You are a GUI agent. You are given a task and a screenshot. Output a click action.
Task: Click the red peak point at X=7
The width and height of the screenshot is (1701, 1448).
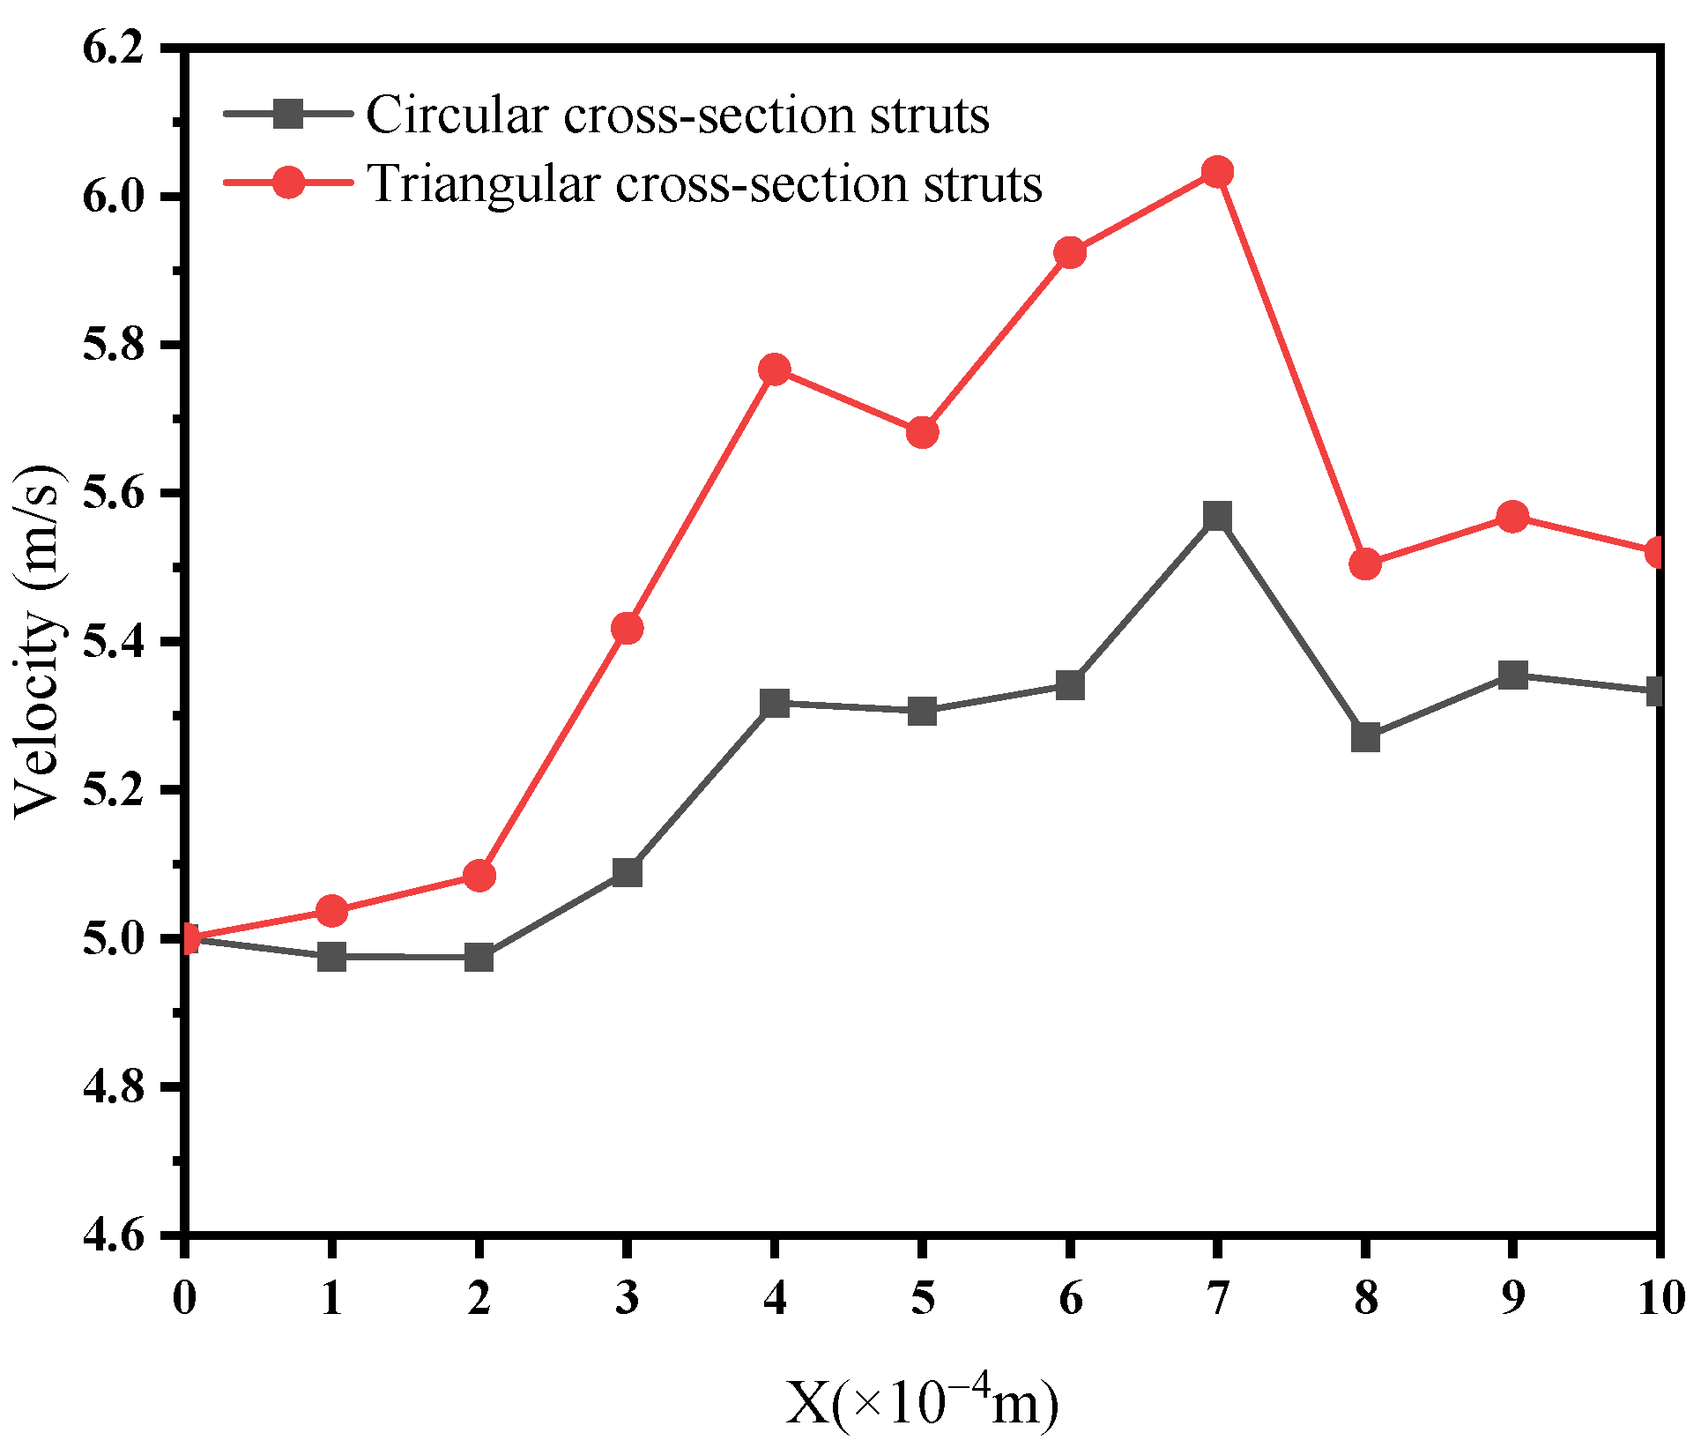coord(1217,172)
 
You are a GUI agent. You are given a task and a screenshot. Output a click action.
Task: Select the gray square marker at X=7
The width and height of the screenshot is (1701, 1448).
coord(1217,516)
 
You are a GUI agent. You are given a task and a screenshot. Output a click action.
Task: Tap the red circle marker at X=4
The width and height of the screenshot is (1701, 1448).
coord(775,369)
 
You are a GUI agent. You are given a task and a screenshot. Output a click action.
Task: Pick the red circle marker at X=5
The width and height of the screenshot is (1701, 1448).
coord(922,433)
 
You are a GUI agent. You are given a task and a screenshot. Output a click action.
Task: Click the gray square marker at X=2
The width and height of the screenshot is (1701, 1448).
coord(479,957)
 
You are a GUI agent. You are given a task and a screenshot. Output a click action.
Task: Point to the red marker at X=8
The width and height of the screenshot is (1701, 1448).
coord(1365,564)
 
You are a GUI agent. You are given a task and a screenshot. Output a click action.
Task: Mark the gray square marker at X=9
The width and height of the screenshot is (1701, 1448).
coord(1512,675)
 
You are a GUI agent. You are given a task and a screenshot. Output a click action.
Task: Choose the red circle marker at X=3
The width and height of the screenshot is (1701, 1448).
coord(627,629)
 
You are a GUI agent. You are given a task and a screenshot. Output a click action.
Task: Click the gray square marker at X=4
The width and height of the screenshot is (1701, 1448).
coord(775,704)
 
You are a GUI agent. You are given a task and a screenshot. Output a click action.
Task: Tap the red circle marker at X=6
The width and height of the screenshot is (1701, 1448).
coord(1070,253)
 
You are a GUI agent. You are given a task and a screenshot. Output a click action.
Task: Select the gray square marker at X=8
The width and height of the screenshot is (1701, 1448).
coord(1365,736)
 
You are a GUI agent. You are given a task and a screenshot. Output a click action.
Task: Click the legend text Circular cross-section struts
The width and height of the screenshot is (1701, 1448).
coord(677,116)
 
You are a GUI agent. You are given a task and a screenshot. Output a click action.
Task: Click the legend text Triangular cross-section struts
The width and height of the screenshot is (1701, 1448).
coord(704,183)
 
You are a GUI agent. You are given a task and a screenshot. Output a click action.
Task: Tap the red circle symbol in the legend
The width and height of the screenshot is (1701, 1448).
coord(288,183)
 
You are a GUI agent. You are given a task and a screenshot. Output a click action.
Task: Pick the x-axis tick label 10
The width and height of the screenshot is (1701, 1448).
coord(1660,1297)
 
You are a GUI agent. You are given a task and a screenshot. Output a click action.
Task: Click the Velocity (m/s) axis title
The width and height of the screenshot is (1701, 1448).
coord(40,641)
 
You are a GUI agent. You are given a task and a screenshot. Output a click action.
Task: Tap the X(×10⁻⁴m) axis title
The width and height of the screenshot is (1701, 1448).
coord(922,1403)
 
